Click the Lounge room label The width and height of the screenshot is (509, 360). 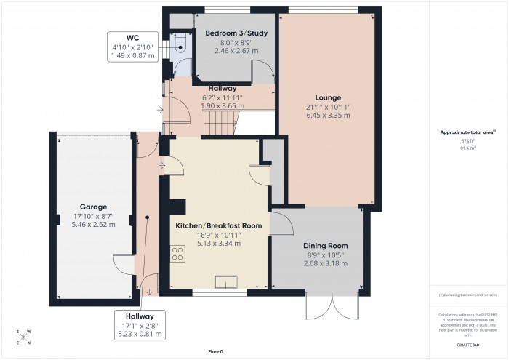328,97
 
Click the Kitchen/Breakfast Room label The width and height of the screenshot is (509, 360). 218,225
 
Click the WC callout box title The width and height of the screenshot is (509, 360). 133,37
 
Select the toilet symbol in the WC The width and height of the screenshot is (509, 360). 179,45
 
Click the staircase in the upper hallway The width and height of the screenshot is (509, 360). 218,124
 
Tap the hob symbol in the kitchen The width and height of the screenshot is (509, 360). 177,254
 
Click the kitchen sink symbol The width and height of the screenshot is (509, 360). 227,282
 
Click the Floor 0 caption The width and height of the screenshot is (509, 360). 215,351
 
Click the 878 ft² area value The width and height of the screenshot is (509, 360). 468,140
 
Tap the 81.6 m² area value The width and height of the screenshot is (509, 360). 468,148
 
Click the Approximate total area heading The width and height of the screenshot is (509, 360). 468,132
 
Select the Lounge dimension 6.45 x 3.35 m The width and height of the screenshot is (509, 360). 328,115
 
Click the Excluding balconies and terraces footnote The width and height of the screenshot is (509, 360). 468,295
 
